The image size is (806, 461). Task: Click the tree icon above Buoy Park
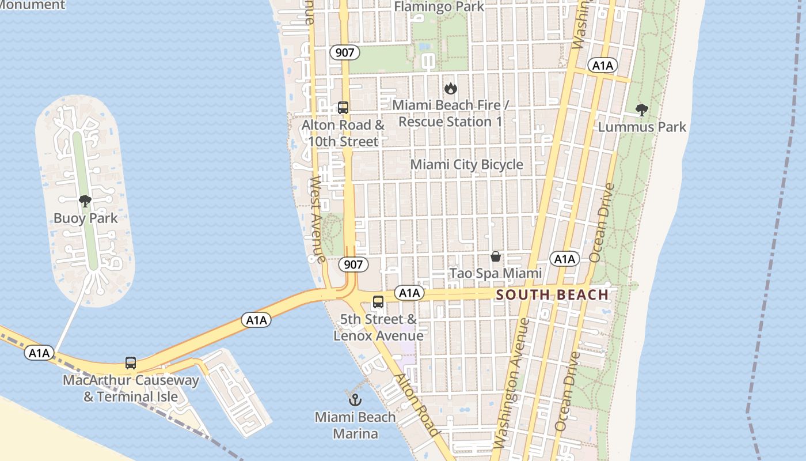point(85,201)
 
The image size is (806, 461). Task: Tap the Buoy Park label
point(85,218)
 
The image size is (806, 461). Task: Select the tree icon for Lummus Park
point(641,110)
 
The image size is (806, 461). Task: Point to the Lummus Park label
point(642,127)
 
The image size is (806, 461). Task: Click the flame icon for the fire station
point(450,89)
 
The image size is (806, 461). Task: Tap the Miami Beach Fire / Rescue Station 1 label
point(451,114)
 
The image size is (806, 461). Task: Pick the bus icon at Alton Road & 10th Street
point(343,108)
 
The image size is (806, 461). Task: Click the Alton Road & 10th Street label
point(343,133)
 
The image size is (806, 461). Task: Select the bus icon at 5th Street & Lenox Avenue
point(378,302)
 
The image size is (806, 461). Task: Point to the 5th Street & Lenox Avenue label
point(378,327)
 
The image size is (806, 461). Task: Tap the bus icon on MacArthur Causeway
point(131,363)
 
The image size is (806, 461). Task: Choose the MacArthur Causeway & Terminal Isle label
point(131,388)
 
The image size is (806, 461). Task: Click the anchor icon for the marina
point(355,399)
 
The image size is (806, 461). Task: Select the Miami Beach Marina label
point(355,425)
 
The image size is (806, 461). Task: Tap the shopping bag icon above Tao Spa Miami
point(495,256)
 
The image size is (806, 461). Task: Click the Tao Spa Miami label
point(495,273)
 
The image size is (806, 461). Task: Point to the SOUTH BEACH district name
point(552,295)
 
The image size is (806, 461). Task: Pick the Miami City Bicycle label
point(466,165)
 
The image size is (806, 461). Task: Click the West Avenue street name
point(318,219)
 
